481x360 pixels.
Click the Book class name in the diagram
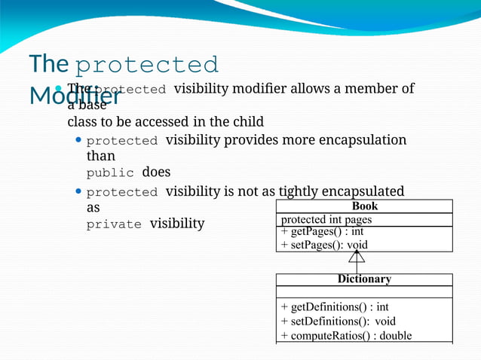365,206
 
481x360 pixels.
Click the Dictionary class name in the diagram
364,279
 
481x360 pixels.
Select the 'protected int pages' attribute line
326,220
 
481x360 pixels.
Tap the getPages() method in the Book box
323,232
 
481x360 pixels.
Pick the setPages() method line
324,245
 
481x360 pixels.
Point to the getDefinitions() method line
335,307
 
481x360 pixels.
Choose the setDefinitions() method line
338,321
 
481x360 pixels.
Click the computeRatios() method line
346,335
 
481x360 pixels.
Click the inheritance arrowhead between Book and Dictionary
357,256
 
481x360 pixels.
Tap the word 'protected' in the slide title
148,65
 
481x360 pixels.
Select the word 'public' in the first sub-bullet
109,172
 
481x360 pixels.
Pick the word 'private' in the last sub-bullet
114,224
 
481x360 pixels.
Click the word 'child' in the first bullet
248,121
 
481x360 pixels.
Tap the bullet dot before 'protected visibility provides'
79,140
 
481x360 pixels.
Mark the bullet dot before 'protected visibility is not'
79,191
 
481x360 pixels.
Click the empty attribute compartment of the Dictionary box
364,291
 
